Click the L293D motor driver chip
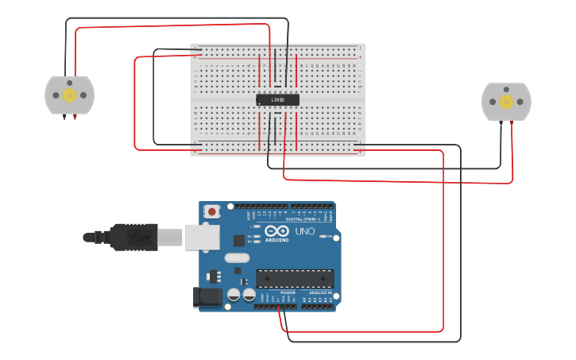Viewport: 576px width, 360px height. pyautogui.click(x=277, y=100)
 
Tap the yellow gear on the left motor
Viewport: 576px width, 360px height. pyautogui.click(x=69, y=95)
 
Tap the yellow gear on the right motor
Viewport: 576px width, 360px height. pyautogui.click(x=506, y=101)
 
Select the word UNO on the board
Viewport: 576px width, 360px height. pyautogui.click(x=305, y=231)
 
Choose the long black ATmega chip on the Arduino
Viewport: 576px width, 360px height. pyautogui.click(x=294, y=279)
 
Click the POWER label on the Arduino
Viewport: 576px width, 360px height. pyautogui.click(x=287, y=292)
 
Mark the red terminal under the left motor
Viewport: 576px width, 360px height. pyautogui.click(x=75, y=116)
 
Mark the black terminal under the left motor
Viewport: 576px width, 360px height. pyautogui.click(x=64, y=116)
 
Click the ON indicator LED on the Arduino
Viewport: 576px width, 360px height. pyautogui.click(x=321, y=236)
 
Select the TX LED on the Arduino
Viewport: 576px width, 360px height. pyautogui.click(x=256, y=236)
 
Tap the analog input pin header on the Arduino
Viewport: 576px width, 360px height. pyautogui.click(x=318, y=306)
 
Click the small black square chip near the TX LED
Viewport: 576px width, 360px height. pyautogui.click(x=239, y=240)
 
